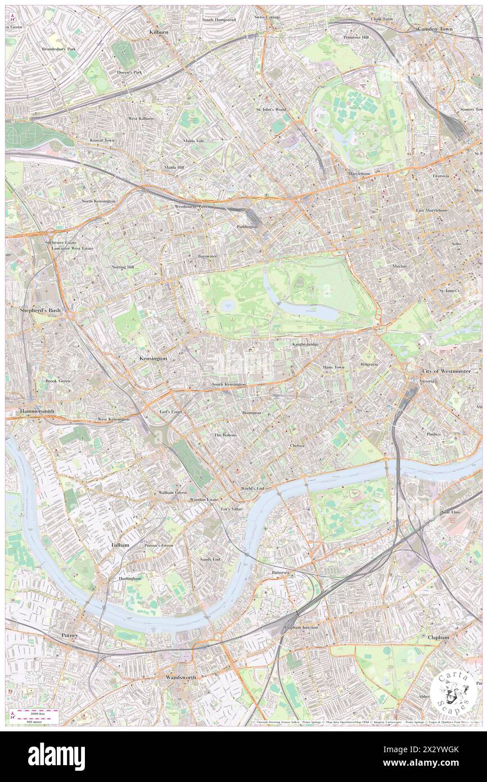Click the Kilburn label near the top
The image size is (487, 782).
tap(159, 33)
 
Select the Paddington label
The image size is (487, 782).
tap(247, 226)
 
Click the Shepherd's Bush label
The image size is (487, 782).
tap(40, 310)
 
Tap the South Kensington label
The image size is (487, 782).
tap(228, 384)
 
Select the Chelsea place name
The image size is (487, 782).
tap(297, 445)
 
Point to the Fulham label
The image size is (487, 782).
tap(120, 545)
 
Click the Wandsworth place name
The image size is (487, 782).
tap(181, 677)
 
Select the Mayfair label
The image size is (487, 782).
tap(400, 265)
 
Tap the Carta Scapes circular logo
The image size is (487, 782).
tap(453, 691)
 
